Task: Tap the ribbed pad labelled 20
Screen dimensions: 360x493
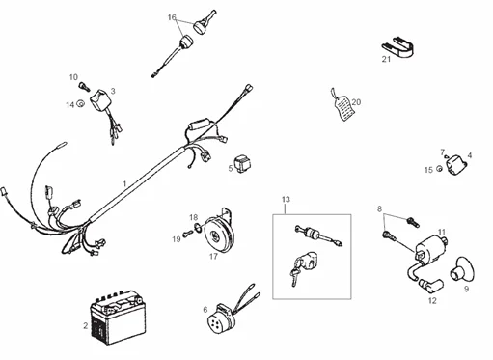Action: point(342,108)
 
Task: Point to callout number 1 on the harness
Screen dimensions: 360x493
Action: point(123,182)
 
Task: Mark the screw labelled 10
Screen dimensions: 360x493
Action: point(84,87)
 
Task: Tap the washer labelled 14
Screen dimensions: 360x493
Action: point(80,104)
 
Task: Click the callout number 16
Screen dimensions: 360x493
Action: point(172,17)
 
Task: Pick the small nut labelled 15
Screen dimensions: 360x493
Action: point(439,170)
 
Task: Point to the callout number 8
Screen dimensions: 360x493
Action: point(379,208)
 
